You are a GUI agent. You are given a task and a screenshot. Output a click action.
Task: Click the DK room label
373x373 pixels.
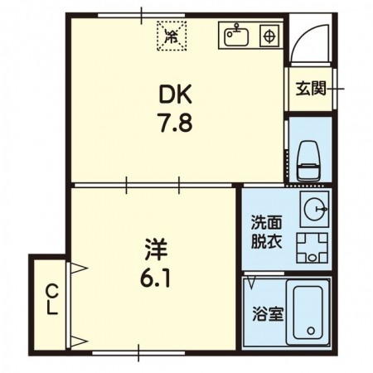tap(175, 94)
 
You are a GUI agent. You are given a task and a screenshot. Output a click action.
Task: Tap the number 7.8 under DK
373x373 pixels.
tap(175, 123)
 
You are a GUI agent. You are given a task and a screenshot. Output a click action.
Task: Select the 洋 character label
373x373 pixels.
tap(157, 249)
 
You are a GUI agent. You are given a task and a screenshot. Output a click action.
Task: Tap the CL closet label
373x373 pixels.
tap(51, 300)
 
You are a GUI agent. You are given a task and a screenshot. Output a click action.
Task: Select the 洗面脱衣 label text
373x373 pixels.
tap(266, 232)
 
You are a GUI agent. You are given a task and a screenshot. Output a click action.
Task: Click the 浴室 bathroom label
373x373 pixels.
tap(268, 314)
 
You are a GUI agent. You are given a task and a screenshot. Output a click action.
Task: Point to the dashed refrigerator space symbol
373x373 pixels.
tap(172, 36)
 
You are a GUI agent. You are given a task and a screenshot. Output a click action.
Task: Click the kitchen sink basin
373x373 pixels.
tap(236, 36)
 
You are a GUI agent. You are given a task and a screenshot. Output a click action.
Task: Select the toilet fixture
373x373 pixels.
tap(308, 161)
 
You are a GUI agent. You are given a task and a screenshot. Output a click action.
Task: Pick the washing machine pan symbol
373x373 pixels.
tap(312, 248)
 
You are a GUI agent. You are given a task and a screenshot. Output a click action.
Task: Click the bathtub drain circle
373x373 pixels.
tap(311, 330)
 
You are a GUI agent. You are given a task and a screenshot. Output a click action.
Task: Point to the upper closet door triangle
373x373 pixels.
tap(80, 268)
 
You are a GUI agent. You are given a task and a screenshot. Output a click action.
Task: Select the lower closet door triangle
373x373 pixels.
tap(80, 342)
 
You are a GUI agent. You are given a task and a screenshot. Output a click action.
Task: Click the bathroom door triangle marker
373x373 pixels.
tap(252, 283)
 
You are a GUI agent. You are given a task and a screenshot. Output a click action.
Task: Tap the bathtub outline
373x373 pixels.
tap(308, 313)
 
